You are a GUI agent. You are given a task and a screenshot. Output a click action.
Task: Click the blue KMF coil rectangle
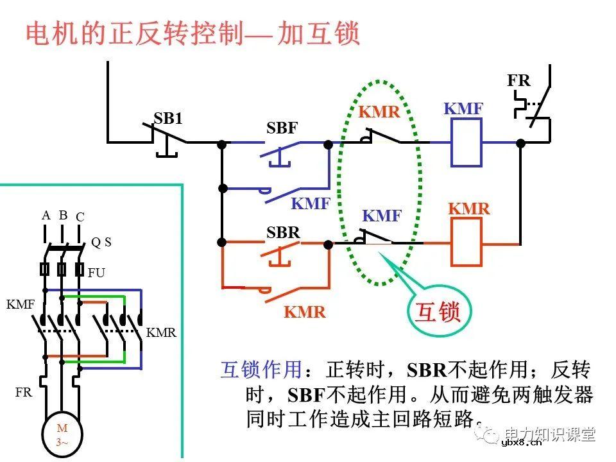(466, 143)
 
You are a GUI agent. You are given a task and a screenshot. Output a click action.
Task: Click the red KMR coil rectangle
(466, 242)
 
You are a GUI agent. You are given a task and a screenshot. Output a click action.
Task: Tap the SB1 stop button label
(168, 118)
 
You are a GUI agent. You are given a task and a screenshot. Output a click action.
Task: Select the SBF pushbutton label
(282, 128)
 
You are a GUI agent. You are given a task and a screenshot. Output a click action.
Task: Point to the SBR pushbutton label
(283, 232)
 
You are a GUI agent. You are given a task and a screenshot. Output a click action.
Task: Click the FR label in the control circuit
(518, 81)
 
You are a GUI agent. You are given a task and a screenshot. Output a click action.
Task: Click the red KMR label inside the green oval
(379, 112)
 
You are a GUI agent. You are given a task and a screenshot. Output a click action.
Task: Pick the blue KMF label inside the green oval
(382, 216)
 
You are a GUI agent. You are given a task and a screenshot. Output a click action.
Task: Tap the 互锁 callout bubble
(439, 312)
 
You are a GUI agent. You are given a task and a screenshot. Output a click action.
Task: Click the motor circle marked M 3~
(62, 434)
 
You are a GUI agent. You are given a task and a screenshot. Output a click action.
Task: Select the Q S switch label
(101, 242)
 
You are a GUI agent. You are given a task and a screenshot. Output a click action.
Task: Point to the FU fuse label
(96, 273)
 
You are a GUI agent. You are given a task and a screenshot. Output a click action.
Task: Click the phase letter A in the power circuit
(46, 216)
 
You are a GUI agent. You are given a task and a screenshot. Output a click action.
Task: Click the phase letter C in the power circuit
(80, 217)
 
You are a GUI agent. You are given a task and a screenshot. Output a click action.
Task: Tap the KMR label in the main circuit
(161, 333)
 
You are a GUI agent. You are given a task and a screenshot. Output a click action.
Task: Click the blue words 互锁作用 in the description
(261, 370)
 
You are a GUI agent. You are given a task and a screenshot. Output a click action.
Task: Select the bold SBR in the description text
(427, 370)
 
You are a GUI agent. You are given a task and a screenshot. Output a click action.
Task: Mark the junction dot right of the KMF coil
(521, 143)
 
